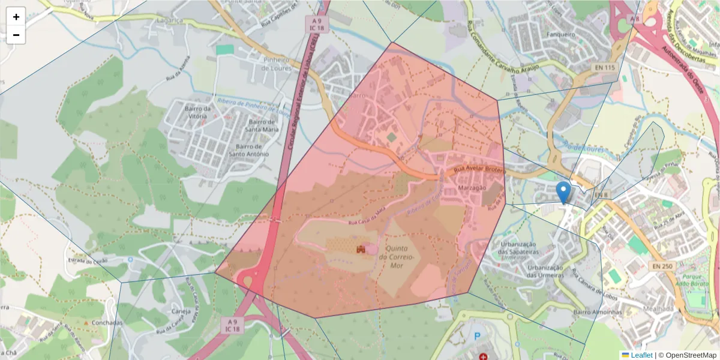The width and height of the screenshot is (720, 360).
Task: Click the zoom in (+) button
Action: pos(16,17)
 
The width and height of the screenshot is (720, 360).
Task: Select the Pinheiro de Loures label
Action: pos(277,64)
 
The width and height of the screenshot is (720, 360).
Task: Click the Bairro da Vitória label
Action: pos(200,113)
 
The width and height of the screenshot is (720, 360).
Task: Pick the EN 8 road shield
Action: pos(601,195)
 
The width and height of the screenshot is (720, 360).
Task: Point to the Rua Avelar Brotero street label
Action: pos(479,170)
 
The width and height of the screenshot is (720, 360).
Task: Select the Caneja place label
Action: pos(181,311)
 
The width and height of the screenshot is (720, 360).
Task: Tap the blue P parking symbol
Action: pos(478,337)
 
